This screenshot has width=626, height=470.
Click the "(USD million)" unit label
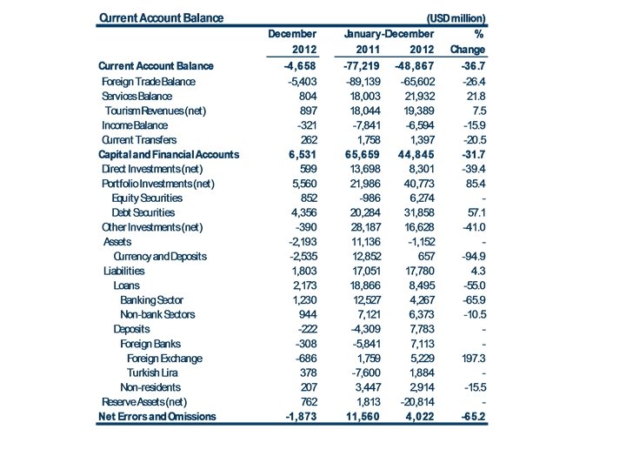click(456, 17)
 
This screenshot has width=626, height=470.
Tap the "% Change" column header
click(468, 42)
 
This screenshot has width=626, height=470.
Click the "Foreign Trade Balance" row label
click(149, 81)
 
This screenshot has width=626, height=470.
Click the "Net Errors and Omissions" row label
click(156, 416)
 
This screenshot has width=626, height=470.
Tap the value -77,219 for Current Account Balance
click(363, 66)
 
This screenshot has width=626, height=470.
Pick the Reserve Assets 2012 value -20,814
click(415, 401)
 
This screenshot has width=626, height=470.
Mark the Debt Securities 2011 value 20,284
click(367, 212)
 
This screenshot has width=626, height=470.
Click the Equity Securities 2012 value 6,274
click(418, 198)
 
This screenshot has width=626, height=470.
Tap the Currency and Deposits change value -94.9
click(469, 256)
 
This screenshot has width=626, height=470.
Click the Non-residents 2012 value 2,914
click(418, 386)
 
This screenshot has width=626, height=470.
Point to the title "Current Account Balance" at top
click(161, 17)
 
